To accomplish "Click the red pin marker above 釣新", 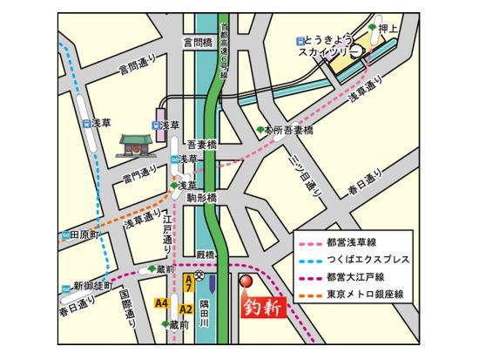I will (x=246, y=282).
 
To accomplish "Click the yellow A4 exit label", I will (x=160, y=302).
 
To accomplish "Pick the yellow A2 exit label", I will (x=186, y=309).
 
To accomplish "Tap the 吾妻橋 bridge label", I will (x=203, y=145).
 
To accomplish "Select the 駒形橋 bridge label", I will (x=203, y=199).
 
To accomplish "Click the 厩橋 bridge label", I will (x=205, y=255).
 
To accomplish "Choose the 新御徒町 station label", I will (x=89, y=285).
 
